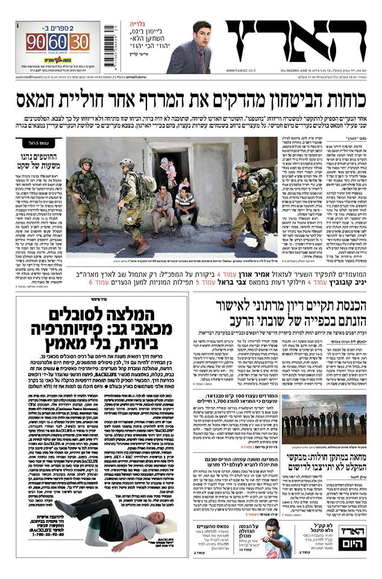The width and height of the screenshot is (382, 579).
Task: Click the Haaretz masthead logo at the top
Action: coord(295,43)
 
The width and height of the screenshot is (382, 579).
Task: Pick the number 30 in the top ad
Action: coord(80,43)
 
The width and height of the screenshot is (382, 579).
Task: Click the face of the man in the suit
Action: coord(201,34)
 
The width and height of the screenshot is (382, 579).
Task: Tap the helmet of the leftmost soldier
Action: coord(86,163)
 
